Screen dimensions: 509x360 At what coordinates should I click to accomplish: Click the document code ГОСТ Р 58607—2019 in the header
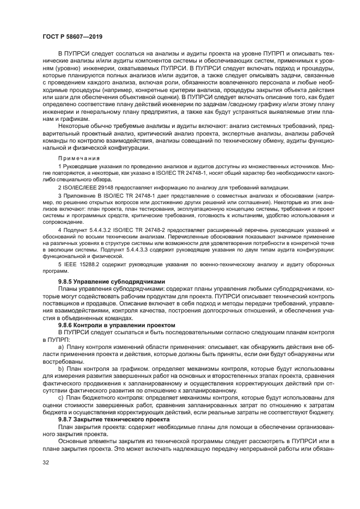[72, 36]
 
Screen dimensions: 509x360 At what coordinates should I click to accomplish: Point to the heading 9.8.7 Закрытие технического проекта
[107, 419]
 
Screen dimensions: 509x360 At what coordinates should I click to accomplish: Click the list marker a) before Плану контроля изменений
[61, 346]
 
